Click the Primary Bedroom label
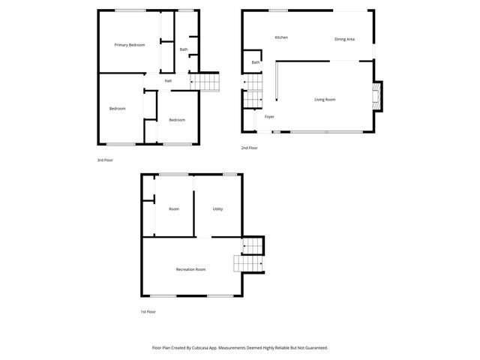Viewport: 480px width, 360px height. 129,45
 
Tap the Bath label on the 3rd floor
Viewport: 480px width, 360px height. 184,49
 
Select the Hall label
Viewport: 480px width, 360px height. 168,81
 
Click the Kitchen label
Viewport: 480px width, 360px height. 281,37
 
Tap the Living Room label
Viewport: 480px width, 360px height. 325,100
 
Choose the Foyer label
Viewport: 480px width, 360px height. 269,117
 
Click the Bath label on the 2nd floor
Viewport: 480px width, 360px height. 256,62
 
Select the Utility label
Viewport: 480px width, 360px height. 217,209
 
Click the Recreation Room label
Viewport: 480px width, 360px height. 190,269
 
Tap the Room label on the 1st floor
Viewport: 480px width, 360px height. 174,209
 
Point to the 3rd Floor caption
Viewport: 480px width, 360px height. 105,160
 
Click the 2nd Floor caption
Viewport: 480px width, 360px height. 249,148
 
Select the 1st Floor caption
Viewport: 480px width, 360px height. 148,311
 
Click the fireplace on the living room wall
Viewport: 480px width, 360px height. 377,95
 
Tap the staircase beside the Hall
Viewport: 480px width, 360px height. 207,81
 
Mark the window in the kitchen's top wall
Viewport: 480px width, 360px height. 278,10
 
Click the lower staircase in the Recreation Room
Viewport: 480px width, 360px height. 247,264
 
